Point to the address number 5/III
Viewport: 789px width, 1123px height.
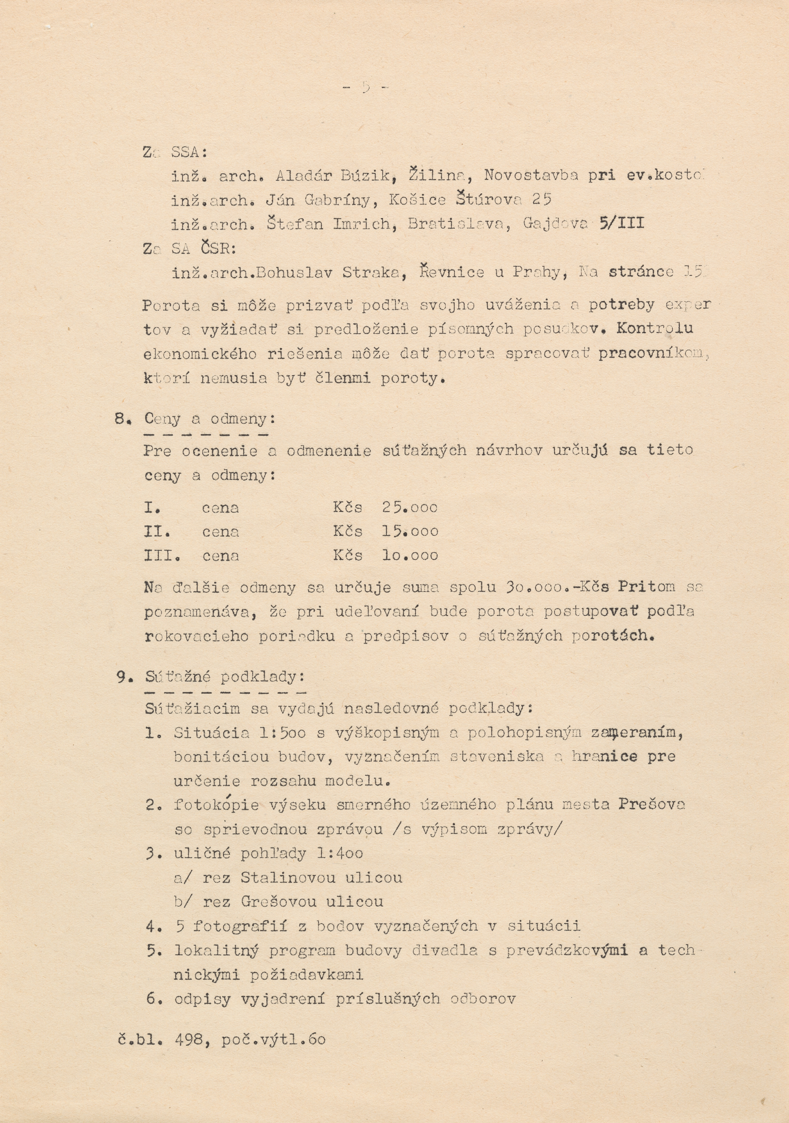(621, 223)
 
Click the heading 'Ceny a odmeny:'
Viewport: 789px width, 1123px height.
(210, 419)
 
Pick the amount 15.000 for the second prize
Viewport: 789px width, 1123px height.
(410, 531)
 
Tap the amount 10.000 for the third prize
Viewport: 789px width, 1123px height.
(410, 555)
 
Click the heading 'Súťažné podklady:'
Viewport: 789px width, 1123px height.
(225, 677)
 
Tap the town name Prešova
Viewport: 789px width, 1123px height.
(652, 805)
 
